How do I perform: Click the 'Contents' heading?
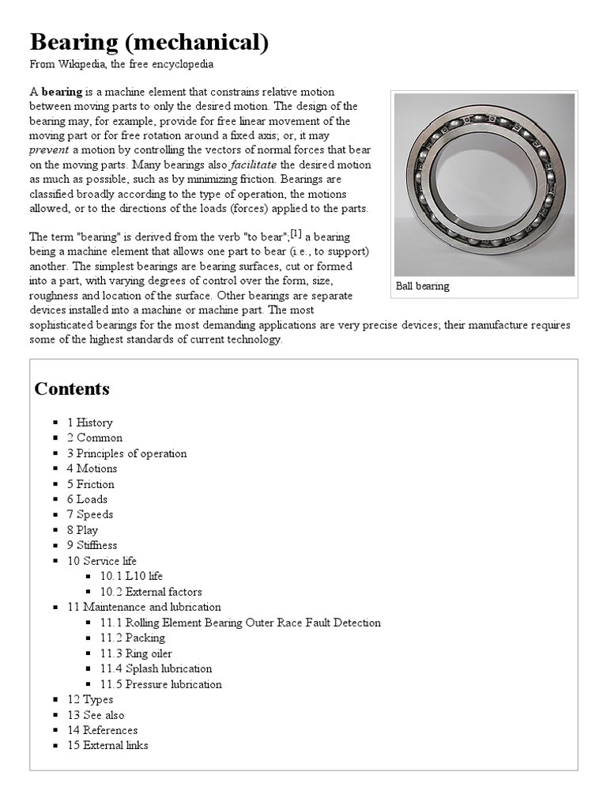(72, 388)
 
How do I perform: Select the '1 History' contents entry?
(89, 422)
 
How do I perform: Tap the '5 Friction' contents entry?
(90, 484)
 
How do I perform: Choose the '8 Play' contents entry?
(82, 530)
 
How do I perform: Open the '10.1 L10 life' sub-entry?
(131, 576)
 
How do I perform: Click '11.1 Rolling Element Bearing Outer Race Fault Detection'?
(239, 623)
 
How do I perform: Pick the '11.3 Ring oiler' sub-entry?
(135, 653)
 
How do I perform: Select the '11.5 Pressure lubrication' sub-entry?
(160, 684)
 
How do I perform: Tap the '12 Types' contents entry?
(90, 699)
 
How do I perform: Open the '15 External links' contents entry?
(107, 745)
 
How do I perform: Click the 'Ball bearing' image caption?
(423, 286)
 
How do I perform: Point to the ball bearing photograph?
(484, 184)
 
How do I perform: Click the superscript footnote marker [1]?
(296, 233)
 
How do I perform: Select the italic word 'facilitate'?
(253, 165)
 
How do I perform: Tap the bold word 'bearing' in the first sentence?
(62, 91)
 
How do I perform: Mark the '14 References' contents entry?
(102, 730)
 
